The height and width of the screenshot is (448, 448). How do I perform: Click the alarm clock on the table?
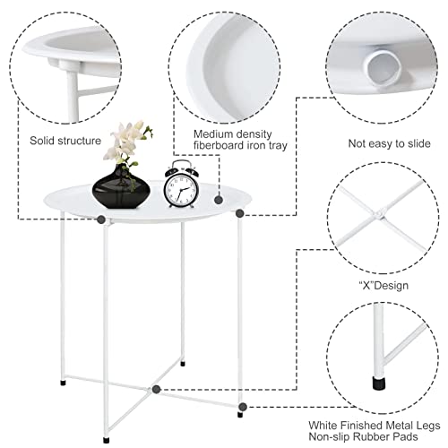pyautogui.click(x=181, y=185)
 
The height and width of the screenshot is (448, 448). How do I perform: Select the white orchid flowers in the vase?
pyautogui.click(x=127, y=142)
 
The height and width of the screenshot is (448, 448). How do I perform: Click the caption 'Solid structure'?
pyautogui.click(x=65, y=141)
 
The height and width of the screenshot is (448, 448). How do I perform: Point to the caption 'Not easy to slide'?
pyautogui.click(x=389, y=143)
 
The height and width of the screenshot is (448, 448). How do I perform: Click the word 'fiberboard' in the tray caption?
pyautogui.click(x=219, y=146)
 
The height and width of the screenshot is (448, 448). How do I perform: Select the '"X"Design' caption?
pyautogui.click(x=383, y=286)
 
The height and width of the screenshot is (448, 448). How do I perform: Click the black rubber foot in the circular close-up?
pyautogui.click(x=379, y=383)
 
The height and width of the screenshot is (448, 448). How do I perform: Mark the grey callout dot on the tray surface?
pyautogui.click(x=219, y=200)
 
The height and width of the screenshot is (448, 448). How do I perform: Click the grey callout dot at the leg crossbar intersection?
pyautogui.click(x=156, y=389)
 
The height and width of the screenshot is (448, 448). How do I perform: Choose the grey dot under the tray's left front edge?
pyautogui.click(x=101, y=220)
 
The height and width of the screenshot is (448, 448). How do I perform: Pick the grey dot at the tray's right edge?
pyautogui.click(x=239, y=213)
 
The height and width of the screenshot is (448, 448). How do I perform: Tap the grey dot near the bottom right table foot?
pyautogui.click(x=243, y=407)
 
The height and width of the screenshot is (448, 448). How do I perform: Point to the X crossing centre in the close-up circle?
pyautogui.click(x=380, y=215)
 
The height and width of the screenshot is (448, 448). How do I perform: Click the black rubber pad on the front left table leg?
pyautogui.click(x=106, y=440)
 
